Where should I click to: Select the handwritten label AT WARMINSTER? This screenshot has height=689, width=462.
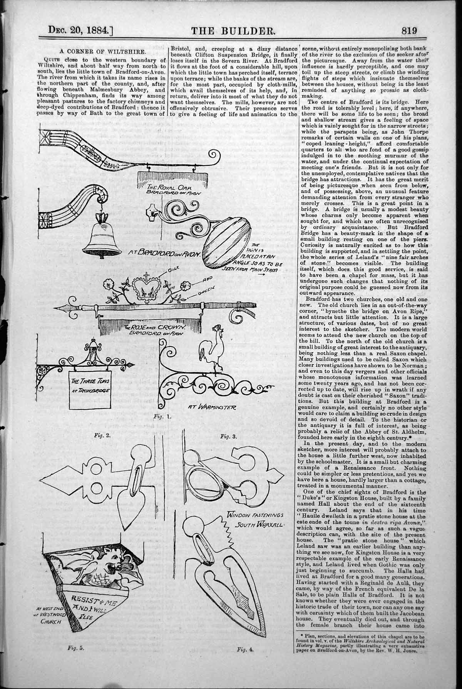click(211, 406)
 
